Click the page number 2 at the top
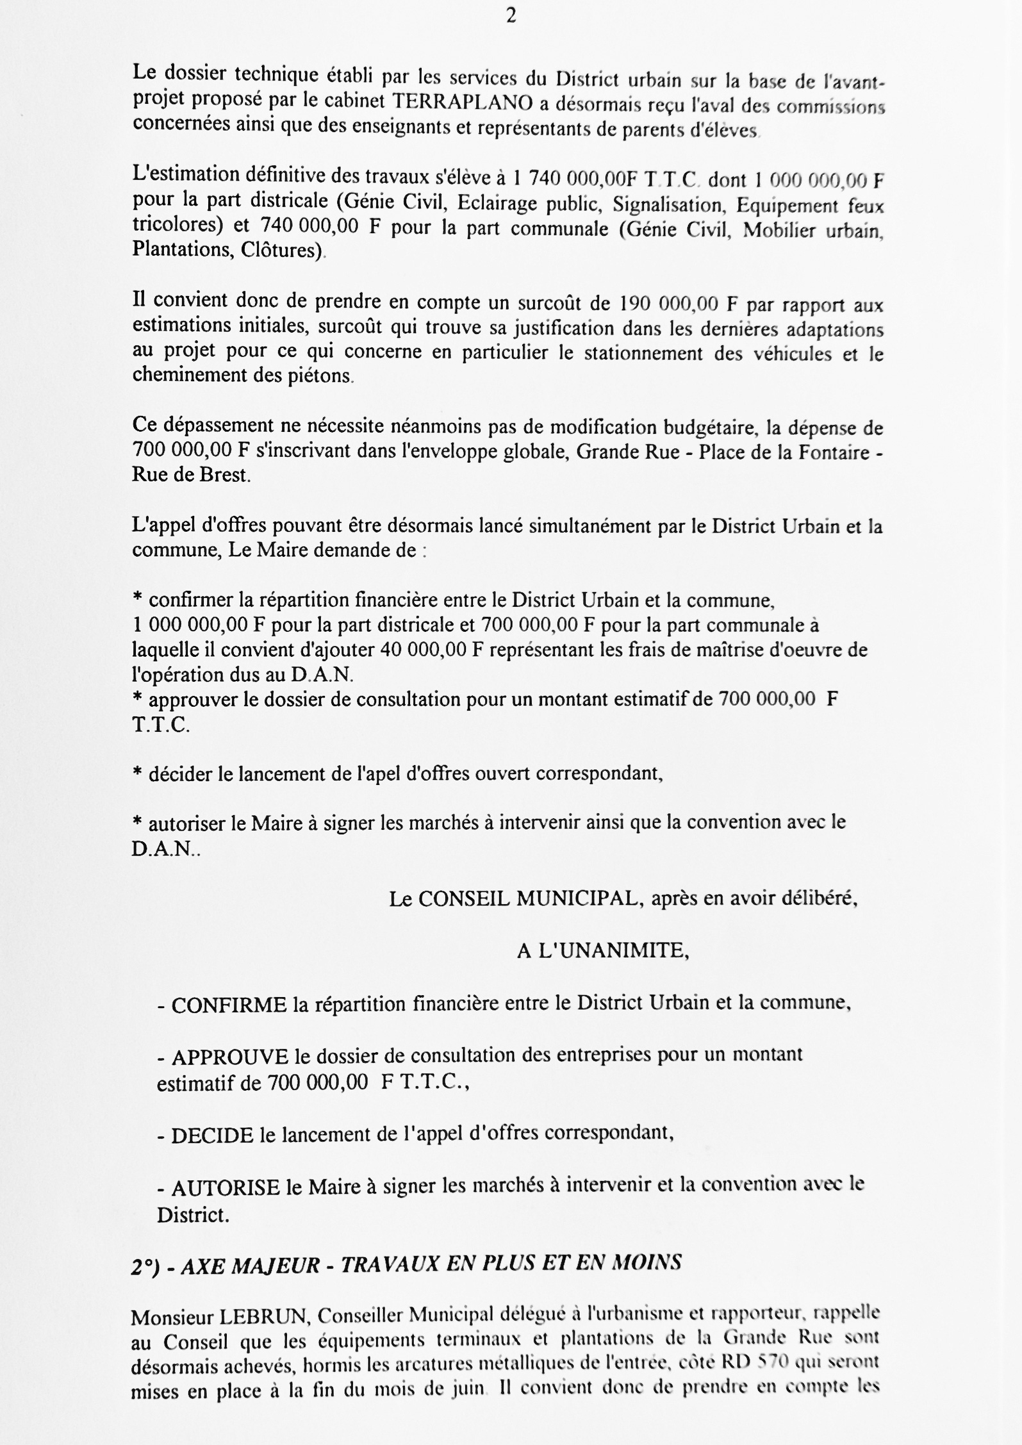[x=511, y=17]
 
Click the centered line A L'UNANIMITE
[x=603, y=951]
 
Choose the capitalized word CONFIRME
[x=229, y=1005]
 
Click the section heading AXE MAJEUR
[x=251, y=1265]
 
